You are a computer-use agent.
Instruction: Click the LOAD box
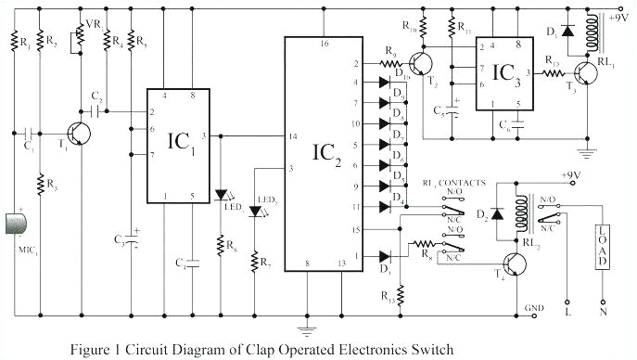click(602, 246)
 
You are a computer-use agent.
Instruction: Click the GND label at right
click(534, 307)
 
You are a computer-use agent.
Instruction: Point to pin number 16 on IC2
click(324, 43)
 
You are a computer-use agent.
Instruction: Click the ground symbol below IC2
click(302, 327)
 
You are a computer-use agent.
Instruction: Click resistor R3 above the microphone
click(41, 185)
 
